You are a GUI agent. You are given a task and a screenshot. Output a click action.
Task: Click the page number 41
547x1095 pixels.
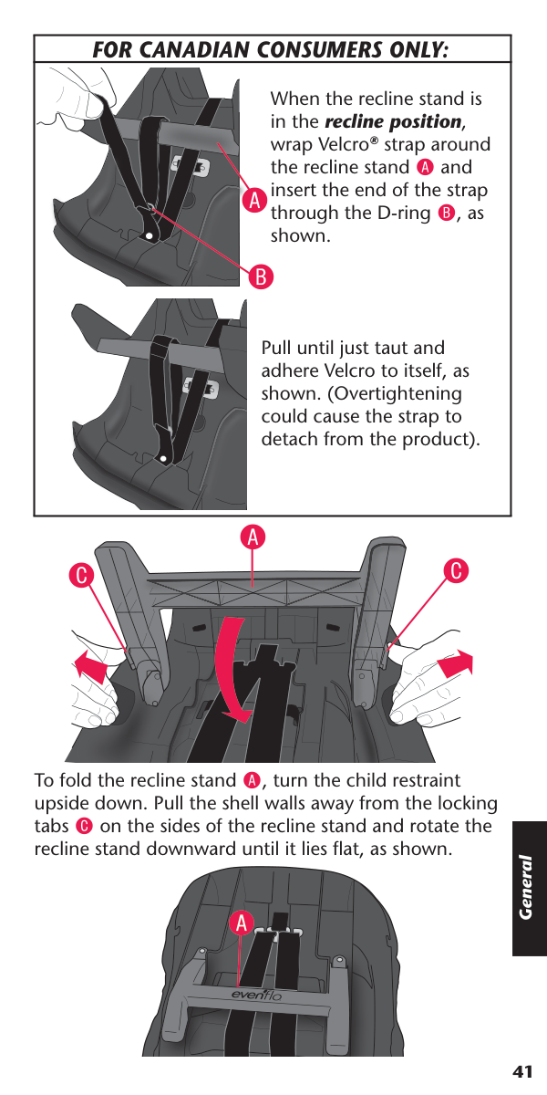[522, 1072]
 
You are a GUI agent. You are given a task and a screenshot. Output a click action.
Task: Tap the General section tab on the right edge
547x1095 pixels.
[530, 888]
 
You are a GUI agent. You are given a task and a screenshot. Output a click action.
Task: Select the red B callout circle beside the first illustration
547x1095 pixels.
[261, 276]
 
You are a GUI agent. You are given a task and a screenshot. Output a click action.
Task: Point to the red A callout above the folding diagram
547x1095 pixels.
[253, 537]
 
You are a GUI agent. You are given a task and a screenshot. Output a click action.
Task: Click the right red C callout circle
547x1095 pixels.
[456, 570]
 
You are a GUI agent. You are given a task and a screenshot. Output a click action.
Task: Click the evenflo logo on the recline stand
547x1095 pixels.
[256, 995]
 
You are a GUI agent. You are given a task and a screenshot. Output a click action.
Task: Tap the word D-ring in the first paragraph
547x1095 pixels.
[405, 213]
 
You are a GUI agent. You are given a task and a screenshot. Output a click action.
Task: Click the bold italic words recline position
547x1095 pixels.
[393, 121]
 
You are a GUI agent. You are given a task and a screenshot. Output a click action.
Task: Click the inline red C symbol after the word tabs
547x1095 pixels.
[84, 826]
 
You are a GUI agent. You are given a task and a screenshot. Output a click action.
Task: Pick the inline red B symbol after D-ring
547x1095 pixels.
[447, 214]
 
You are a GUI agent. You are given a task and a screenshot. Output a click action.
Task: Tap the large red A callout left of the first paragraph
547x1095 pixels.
[254, 202]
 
